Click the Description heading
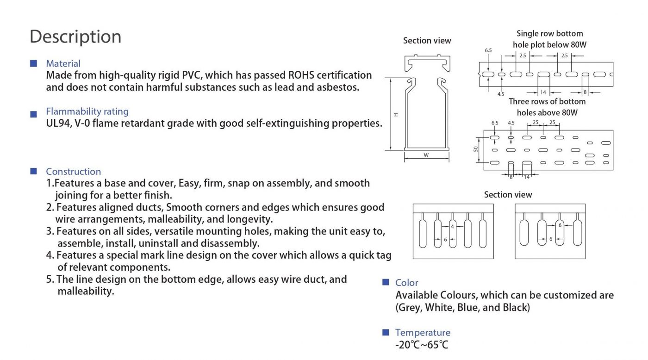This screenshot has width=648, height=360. click(x=75, y=37)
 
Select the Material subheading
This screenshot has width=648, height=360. click(x=63, y=64)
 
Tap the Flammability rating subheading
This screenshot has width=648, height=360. click(x=87, y=112)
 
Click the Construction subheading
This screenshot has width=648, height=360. click(x=73, y=172)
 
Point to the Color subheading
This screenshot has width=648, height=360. click(x=406, y=283)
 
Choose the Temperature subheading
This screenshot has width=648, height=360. click(x=422, y=333)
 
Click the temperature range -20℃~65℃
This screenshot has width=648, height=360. click(x=422, y=345)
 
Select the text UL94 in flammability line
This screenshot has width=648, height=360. click(x=57, y=124)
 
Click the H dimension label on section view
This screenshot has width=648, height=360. click(x=396, y=114)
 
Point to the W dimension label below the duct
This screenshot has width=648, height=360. click(x=426, y=155)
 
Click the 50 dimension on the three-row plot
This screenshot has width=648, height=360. click(x=475, y=149)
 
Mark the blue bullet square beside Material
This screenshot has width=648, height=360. click(x=33, y=63)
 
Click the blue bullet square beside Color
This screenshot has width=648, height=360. click(x=386, y=282)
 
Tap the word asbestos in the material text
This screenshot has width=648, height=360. click(x=337, y=87)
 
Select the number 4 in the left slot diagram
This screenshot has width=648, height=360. click(x=452, y=226)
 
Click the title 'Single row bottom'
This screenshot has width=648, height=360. click(x=549, y=34)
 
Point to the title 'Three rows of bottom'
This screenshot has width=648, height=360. click(x=547, y=102)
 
